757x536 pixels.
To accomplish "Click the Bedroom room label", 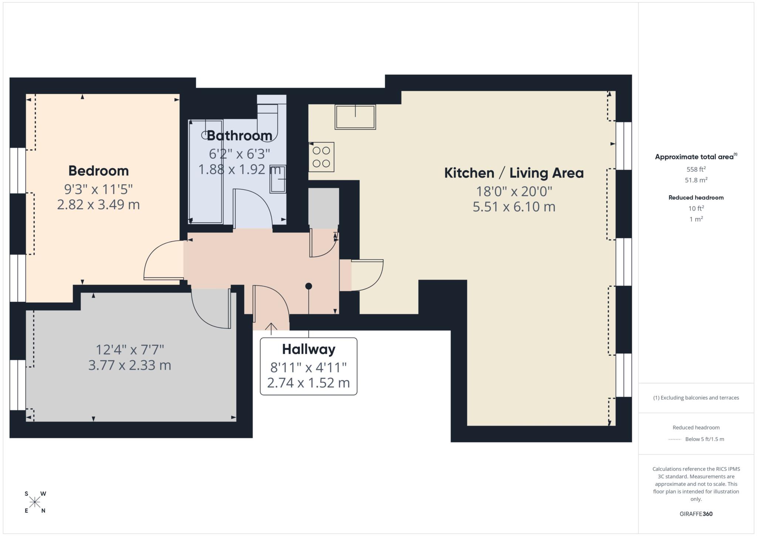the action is [x=98, y=171].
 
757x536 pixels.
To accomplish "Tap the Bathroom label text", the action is [x=240, y=136].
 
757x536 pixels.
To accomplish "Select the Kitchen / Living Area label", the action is [x=514, y=173].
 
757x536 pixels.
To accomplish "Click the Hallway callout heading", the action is [x=309, y=349].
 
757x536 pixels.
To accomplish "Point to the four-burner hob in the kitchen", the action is [x=321, y=157].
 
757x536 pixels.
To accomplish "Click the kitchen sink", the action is [x=355, y=117].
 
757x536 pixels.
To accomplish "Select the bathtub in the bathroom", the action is [x=206, y=172].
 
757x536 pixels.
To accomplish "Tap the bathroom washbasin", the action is [x=278, y=179].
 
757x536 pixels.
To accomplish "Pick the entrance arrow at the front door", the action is [x=271, y=328].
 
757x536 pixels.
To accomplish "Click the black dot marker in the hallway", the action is [x=309, y=286].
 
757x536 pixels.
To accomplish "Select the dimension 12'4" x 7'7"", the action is [x=130, y=349].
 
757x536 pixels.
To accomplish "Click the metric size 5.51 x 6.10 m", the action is [x=514, y=207].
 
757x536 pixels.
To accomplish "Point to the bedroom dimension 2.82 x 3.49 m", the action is [x=98, y=205].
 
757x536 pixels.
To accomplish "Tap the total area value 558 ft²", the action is [x=696, y=169].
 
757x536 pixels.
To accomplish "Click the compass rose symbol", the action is [x=35, y=502].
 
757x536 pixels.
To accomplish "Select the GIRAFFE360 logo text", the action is [x=696, y=514].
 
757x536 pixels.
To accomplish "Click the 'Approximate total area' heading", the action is [x=696, y=156].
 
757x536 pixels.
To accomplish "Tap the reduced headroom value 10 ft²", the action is [x=696, y=209].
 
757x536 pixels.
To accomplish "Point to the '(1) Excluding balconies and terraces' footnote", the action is [x=696, y=398].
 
